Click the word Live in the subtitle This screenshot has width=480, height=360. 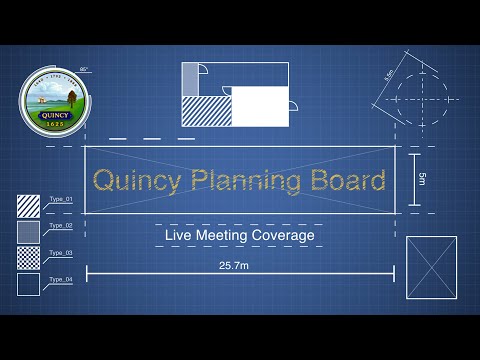(180, 236)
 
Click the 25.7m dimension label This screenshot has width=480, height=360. (239, 266)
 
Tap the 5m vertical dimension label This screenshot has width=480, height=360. (423, 179)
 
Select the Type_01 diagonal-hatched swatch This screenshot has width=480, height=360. (28, 206)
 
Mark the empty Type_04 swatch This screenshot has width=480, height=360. (28, 284)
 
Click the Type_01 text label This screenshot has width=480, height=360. (61, 199)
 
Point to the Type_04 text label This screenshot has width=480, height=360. (61, 278)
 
